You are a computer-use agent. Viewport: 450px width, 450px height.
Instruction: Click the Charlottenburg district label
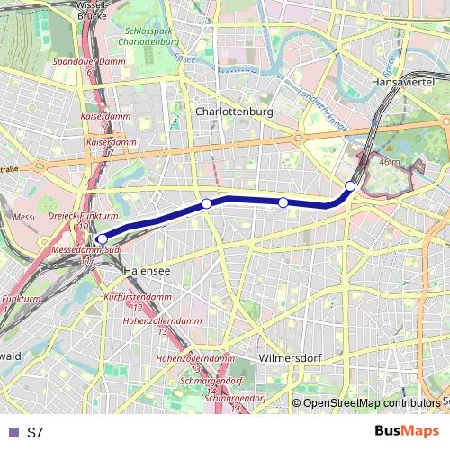point(233,112)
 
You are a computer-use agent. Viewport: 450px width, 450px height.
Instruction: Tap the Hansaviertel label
point(402,82)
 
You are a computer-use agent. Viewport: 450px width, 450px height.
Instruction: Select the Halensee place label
point(145,269)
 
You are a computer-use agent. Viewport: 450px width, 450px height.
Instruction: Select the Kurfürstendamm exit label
point(138,296)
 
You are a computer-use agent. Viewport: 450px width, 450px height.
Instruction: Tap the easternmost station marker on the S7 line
point(351,186)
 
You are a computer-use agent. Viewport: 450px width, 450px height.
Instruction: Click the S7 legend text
point(35,432)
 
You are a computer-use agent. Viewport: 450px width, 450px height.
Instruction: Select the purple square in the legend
point(13,432)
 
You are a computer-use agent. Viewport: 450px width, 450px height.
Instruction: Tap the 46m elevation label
point(391,161)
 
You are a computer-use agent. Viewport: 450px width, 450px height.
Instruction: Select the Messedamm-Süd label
point(87,248)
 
